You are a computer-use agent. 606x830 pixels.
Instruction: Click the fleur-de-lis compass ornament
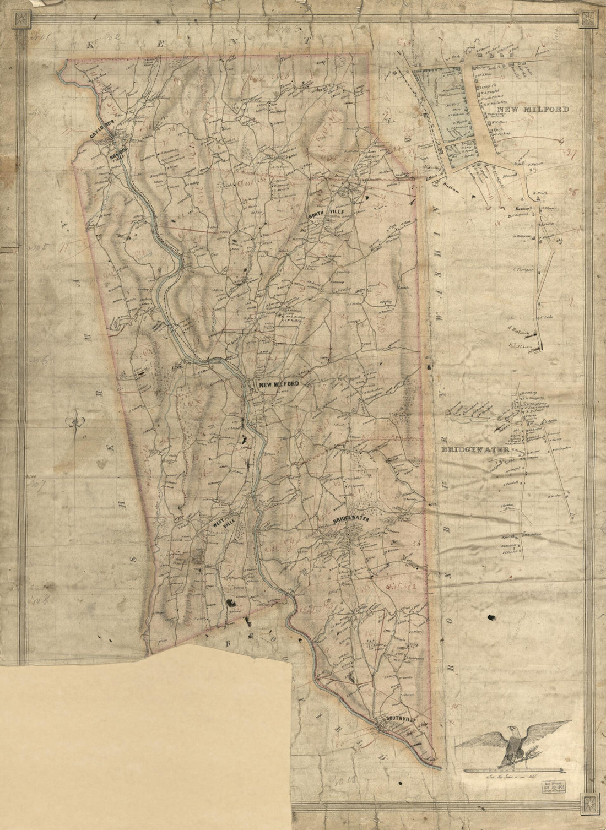pyautogui.click(x=75, y=422)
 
